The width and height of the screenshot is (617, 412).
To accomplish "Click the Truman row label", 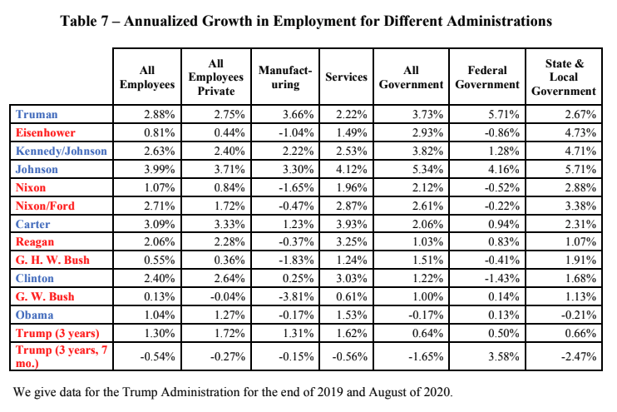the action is [x=37, y=114].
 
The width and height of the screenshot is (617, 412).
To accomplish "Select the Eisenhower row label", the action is [x=45, y=132].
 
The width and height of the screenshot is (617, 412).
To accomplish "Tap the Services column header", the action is [x=346, y=77].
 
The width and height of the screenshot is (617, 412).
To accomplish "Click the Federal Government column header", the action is [x=487, y=77].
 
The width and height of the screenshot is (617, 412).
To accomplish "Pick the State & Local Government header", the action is [x=564, y=77].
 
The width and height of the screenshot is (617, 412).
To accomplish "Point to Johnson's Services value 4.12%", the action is [x=352, y=169].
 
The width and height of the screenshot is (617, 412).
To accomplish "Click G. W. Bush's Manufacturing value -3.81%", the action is [x=296, y=296].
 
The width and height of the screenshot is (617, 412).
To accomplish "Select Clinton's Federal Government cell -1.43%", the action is [x=501, y=279].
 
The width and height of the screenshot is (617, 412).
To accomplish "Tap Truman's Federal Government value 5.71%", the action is [x=504, y=114].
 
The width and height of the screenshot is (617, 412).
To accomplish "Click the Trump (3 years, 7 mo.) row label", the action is [x=62, y=356].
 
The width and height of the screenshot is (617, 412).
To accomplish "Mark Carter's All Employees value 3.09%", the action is [x=160, y=224].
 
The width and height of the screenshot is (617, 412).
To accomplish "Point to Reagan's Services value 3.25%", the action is [x=352, y=242].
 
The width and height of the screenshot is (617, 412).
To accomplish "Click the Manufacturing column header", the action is [x=285, y=77].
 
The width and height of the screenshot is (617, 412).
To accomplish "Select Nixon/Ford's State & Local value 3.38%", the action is [x=580, y=206].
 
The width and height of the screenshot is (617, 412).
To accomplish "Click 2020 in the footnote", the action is [x=437, y=392].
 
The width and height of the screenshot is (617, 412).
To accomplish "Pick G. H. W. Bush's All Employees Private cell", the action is [x=230, y=260].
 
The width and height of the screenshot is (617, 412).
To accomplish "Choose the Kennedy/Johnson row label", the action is [x=61, y=151].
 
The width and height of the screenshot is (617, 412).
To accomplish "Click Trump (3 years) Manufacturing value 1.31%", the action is [x=299, y=333].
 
